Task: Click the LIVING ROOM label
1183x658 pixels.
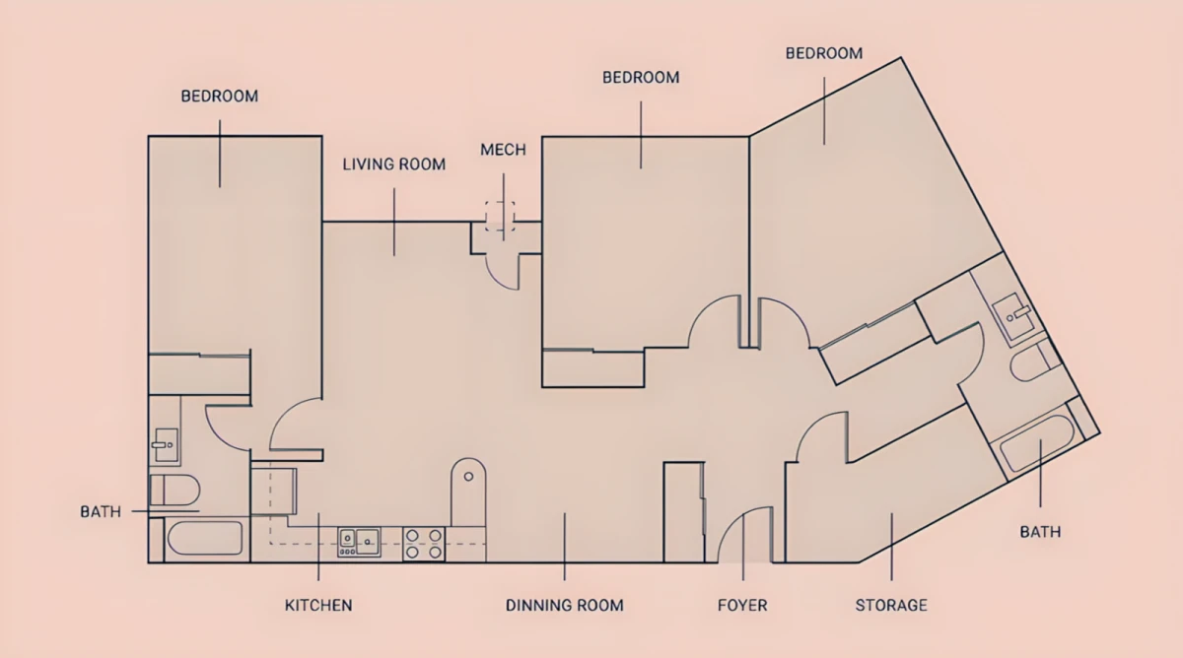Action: pos(394,164)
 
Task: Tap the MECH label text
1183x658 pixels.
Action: pos(504,150)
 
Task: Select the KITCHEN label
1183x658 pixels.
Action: pos(318,605)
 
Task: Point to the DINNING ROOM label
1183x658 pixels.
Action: pos(565,605)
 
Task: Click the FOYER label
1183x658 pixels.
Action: pos(742,605)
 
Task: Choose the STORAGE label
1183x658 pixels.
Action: pos(891,605)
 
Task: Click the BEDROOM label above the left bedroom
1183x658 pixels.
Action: pos(220,97)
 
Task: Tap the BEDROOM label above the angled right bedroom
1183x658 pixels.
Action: pos(824,53)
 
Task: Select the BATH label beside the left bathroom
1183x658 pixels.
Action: pos(101,512)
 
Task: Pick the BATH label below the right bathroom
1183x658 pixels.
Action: pos(1040,532)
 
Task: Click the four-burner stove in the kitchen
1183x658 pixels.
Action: pos(424,544)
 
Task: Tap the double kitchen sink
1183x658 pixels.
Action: pos(359,542)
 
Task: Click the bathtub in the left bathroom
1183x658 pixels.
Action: pos(205,538)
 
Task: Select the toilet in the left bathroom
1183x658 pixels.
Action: pos(174,491)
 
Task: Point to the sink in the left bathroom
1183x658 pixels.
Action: pos(166,445)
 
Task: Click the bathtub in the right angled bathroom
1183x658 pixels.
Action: pos(1037,443)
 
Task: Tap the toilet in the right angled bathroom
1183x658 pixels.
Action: pos(1035,361)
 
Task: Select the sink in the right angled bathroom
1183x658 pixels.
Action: pos(1014,315)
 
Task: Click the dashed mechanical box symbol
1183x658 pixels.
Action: pos(500,216)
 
